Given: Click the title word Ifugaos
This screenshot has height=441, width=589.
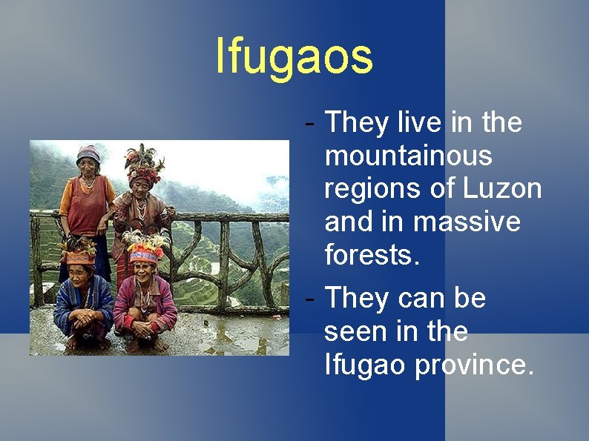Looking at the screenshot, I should pyautogui.click(x=294, y=57).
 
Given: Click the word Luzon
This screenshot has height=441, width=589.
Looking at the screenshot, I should pyautogui.click(x=502, y=189).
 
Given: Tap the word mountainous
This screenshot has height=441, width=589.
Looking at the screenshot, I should pyautogui.click(x=408, y=156).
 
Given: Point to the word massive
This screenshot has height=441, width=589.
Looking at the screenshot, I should pyautogui.click(x=467, y=222).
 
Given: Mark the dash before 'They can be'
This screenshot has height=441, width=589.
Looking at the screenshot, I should pyautogui.click(x=310, y=298).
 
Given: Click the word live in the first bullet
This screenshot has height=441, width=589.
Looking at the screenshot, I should pyautogui.click(x=421, y=122).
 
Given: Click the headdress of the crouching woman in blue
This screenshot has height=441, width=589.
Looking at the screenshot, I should pyautogui.click(x=78, y=252).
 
